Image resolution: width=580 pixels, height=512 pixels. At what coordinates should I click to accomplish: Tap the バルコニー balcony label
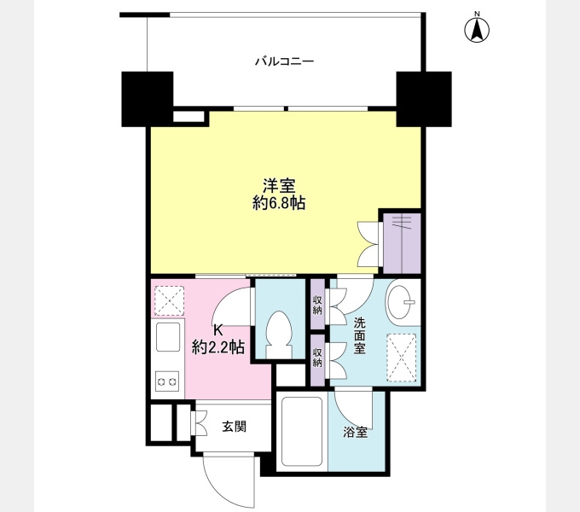284,61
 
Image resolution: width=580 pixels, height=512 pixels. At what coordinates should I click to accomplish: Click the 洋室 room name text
279,186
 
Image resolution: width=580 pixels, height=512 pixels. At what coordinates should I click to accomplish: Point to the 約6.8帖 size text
279,203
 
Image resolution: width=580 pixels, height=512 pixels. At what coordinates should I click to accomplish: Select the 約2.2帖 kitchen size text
217,347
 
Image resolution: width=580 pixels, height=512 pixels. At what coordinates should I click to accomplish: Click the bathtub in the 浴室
301,431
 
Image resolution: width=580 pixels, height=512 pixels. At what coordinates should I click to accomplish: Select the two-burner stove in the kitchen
167,381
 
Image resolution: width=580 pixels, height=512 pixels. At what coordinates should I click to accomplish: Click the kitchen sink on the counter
168,337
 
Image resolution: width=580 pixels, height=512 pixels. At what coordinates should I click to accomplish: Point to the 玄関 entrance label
235,427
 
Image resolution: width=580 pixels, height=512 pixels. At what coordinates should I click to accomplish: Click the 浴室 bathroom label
355,432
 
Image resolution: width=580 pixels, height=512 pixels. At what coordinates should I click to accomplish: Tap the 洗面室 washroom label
360,335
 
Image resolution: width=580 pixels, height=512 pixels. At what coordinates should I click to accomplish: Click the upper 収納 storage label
317,305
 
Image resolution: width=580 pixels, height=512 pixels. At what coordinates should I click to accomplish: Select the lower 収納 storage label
317,358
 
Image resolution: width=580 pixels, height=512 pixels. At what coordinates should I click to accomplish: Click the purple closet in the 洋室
402,243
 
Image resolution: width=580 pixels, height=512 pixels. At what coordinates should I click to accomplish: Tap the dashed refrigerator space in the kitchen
170,300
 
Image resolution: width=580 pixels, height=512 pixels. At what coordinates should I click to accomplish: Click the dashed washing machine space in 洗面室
402,357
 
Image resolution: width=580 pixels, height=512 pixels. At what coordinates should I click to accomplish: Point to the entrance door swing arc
212,486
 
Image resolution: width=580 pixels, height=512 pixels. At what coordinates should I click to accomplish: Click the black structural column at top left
148,99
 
